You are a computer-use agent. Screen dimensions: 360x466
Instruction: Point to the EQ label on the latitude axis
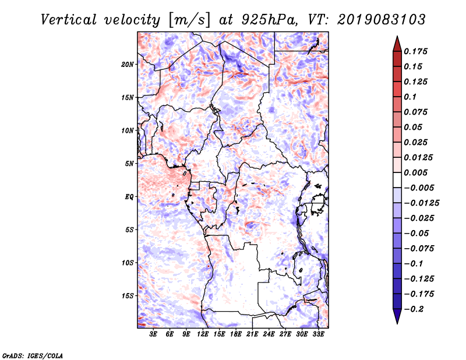click(x=129, y=197)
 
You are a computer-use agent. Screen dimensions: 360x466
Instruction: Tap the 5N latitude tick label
click(x=130, y=164)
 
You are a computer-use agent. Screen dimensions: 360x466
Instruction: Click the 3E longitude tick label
click(x=154, y=335)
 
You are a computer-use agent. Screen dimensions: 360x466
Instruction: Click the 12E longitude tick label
click(x=203, y=335)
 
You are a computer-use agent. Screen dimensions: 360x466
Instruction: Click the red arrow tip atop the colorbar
click(x=397, y=40)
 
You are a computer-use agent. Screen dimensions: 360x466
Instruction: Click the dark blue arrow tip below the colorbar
click(x=397, y=320)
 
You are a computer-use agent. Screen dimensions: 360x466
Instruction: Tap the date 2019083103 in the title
click(x=382, y=20)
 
